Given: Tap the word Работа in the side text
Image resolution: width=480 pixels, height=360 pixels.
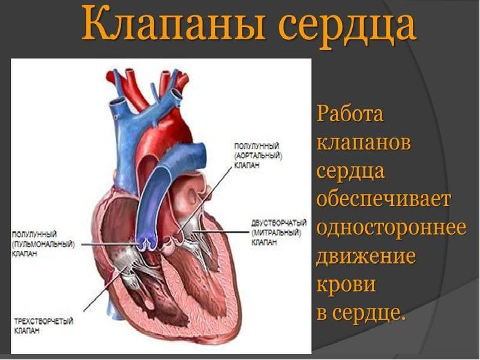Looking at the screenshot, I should click(x=350, y=114).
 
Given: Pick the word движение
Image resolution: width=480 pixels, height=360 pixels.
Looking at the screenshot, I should click(x=366, y=257).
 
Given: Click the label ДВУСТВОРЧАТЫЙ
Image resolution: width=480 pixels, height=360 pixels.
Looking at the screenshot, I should click(x=280, y=223).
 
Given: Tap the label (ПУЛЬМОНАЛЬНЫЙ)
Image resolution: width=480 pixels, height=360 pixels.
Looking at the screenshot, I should click(x=43, y=244).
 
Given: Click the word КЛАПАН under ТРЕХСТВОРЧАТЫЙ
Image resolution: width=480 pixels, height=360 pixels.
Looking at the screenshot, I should click(x=25, y=331).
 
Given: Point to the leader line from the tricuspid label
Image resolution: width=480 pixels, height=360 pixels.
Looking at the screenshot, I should click(x=105, y=288).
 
